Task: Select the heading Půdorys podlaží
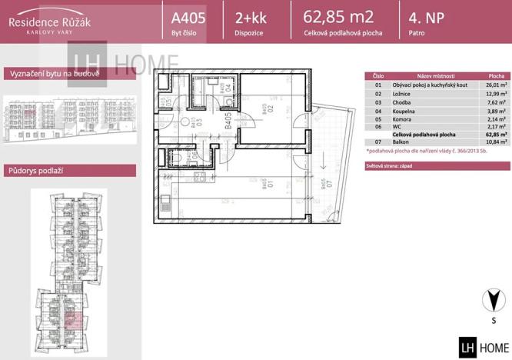point(34,171)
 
